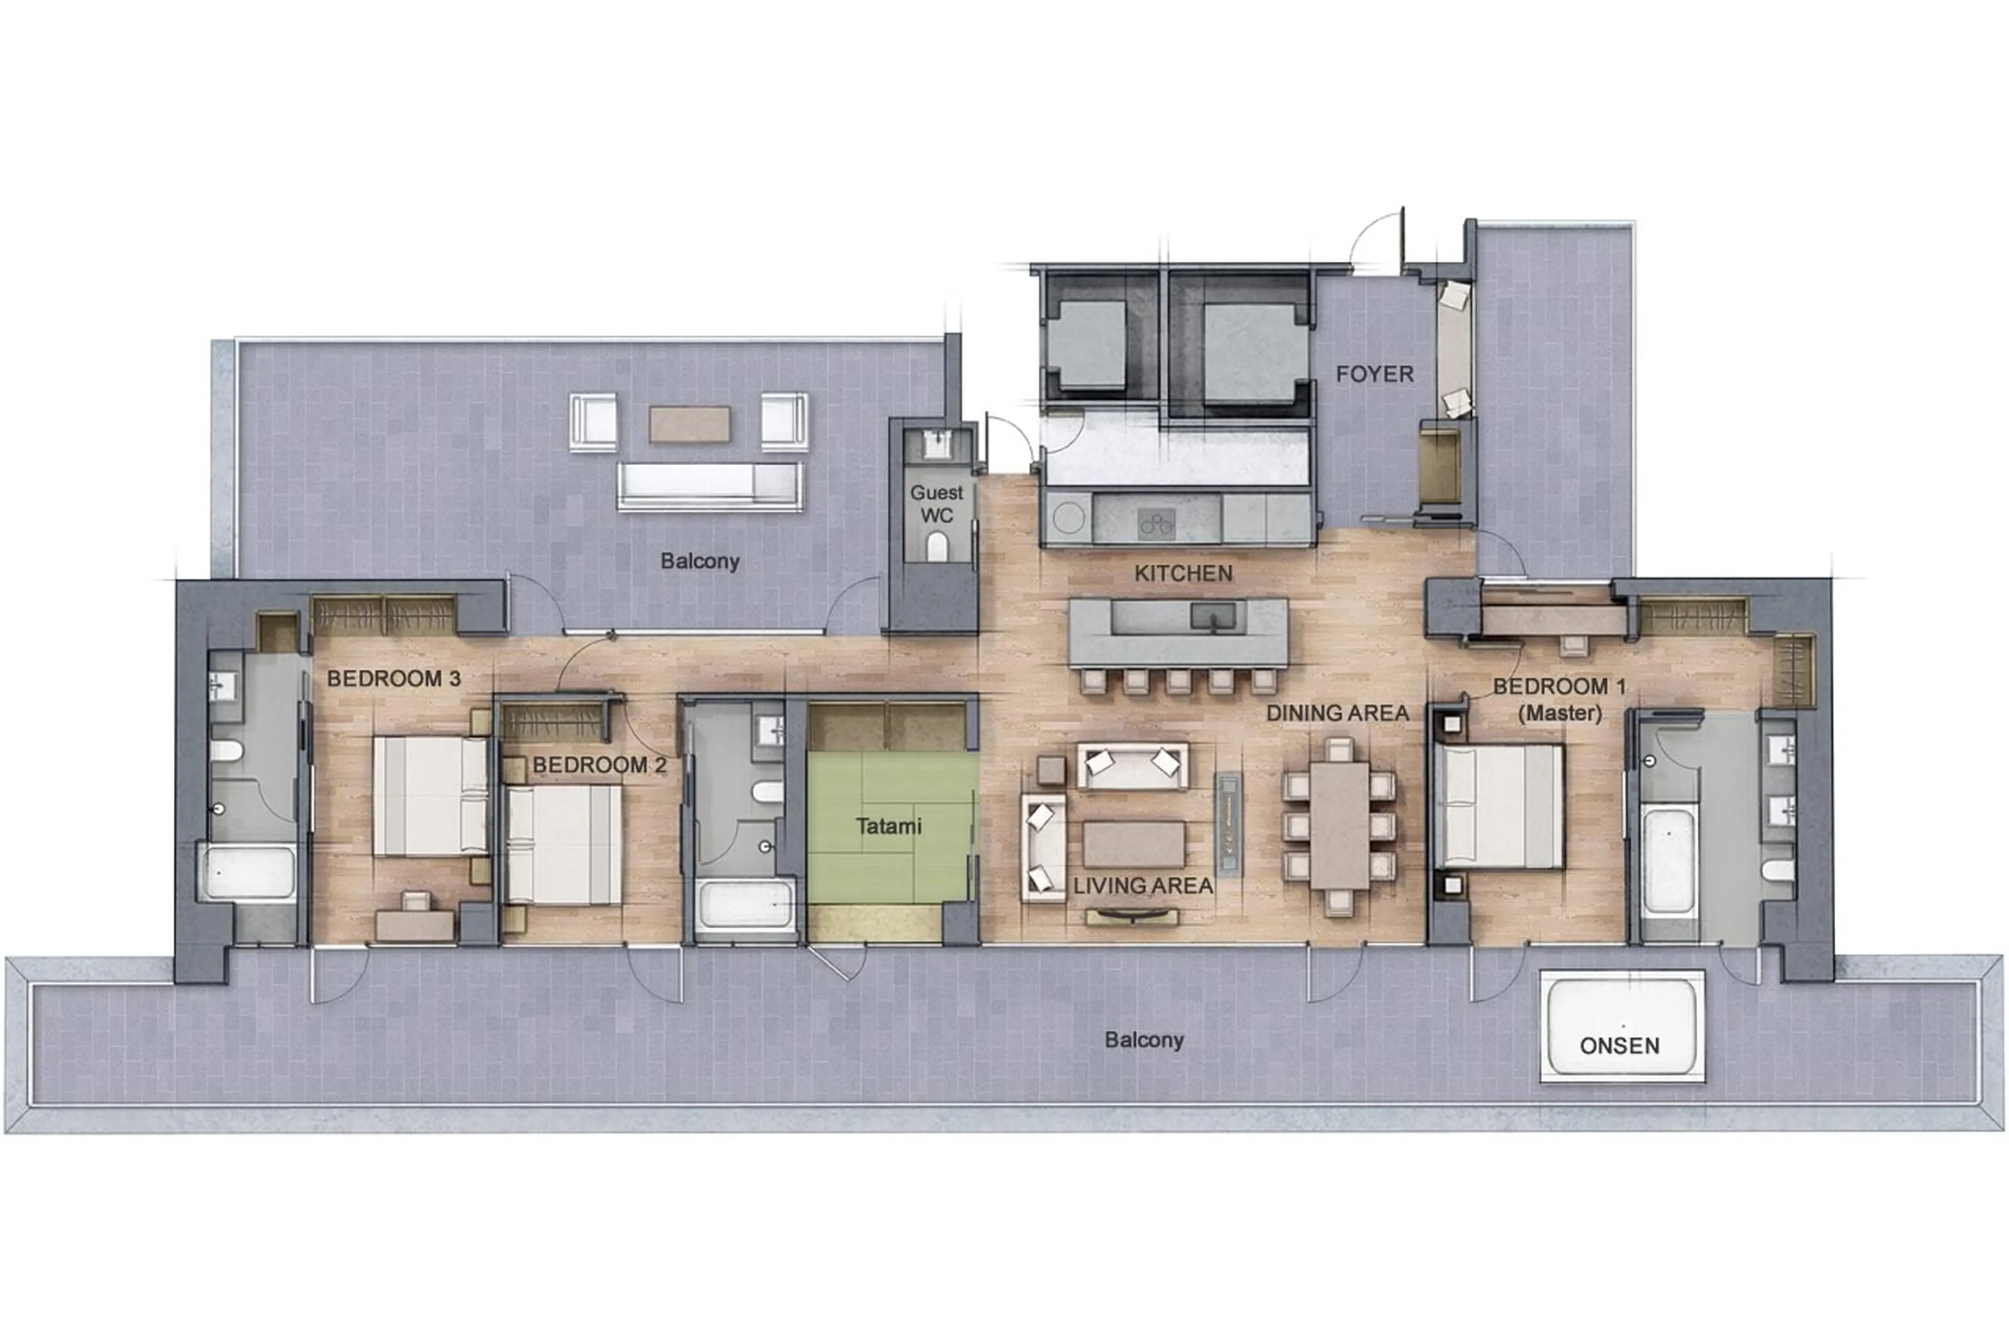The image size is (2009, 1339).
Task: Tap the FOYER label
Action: tap(1374, 374)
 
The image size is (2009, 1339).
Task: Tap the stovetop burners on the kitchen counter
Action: tap(1157, 522)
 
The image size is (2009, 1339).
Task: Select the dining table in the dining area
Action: tap(1339, 825)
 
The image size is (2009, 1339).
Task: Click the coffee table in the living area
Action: tap(1134, 843)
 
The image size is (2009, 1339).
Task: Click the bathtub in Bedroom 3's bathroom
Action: tap(247, 872)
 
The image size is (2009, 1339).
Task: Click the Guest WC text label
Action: tap(936, 504)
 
